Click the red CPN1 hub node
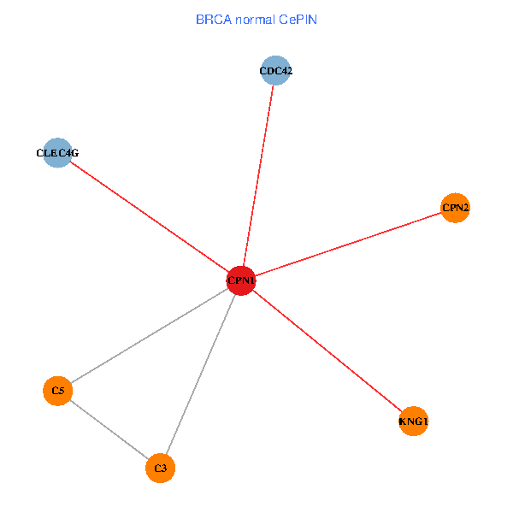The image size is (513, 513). [242, 280]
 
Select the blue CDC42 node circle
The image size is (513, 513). [275, 71]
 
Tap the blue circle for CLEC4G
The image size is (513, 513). [57, 153]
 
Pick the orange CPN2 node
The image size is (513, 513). [455, 208]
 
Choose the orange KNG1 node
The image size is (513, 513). [413, 422]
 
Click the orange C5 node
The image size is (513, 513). [57, 391]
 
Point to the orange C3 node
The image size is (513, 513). [161, 468]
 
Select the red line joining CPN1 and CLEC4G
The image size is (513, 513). [150, 216]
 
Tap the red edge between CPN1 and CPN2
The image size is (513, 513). [349, 244]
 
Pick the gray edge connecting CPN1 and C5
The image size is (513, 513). [150, 335]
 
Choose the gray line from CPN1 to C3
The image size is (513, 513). [201, 374]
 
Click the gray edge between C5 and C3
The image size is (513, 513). [109, 429]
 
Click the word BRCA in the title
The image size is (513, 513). [210, 19]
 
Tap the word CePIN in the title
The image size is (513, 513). [298, 19]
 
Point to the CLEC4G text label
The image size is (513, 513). [57, 153]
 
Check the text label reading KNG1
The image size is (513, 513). [413, 422]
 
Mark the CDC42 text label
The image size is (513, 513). [275, 71]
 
